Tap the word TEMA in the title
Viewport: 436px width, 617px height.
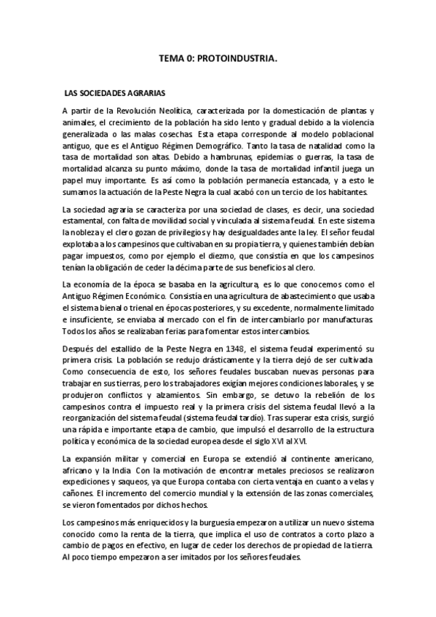pos(172,63)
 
